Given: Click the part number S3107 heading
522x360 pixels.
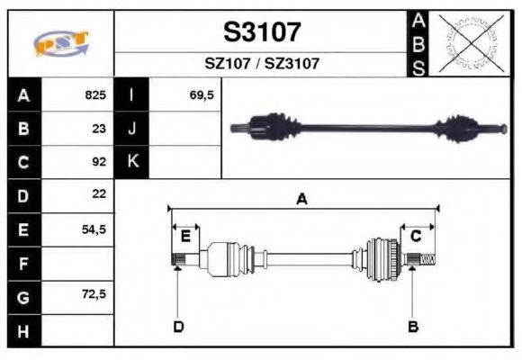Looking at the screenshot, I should pos(261,33).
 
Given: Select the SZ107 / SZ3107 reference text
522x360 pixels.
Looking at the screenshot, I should pos(261,64).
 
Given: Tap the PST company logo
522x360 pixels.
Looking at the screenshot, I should pos(61,43).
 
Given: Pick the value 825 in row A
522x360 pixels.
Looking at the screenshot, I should pos(95,94).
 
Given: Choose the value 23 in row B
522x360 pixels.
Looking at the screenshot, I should pos(99,128).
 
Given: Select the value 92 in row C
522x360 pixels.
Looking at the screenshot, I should pos(99,162).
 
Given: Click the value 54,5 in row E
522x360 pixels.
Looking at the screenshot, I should pos(94,229).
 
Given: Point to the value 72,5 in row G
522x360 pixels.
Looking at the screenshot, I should pos(94,295).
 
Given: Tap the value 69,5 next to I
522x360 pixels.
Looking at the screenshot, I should pos(202,94).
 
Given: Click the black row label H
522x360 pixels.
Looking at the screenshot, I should pos(24,330).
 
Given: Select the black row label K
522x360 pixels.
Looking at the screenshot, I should pos(132,162).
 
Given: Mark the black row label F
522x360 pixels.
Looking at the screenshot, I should pos(24,263).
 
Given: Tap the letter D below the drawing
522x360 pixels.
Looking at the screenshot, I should pos(178,326).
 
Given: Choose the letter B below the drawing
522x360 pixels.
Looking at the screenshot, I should pos(413,326).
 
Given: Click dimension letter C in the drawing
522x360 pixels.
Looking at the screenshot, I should pos(416,236).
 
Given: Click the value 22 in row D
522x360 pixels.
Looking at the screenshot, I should pos(99,194).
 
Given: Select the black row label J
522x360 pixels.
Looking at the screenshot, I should pos(132,128).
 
